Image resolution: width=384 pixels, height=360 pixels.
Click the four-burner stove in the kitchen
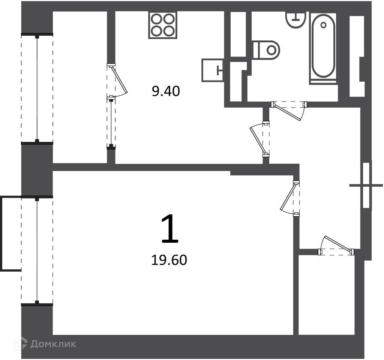[x=163, y=25]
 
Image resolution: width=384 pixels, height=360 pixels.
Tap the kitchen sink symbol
[x=213, y=70]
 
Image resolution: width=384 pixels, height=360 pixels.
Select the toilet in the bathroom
[x=266, y=50]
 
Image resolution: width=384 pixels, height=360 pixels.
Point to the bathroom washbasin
[x=296, y=19]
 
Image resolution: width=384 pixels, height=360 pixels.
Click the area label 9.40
[x=166, y=91]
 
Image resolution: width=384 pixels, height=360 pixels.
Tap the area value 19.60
[x=169, y=260]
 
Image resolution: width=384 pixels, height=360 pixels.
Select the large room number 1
[x=170, y=229]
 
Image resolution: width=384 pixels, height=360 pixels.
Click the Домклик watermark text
[x=53, y=344]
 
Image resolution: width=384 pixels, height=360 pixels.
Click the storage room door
[x=336, y=246]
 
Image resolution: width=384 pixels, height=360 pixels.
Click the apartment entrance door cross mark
[x=366, y=185]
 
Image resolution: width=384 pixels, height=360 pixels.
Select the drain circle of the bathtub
[x=323, y=25]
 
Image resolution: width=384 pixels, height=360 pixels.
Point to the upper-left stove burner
[x=156, y=19]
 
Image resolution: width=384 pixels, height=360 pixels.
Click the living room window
[x=37, y=251]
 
